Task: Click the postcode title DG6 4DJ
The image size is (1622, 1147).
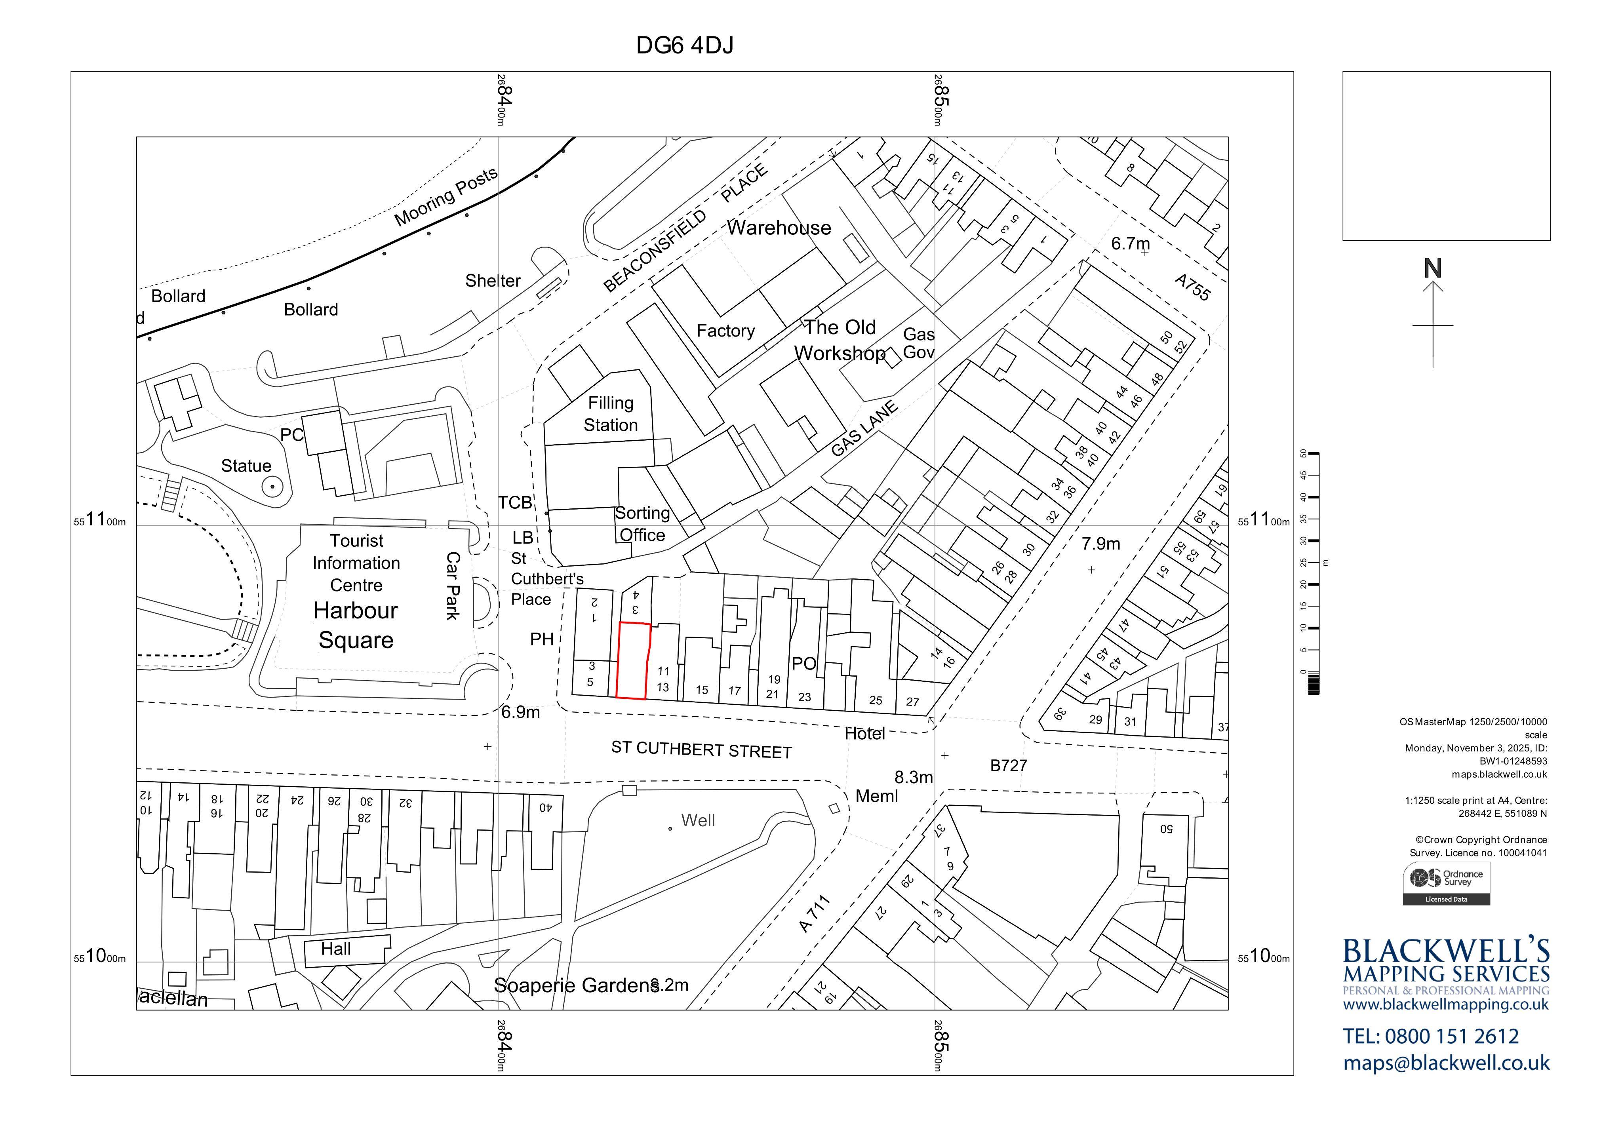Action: (x=685, y=45)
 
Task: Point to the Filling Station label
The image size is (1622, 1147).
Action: (x=610, y=414)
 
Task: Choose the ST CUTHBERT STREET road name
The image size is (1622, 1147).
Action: (x=701, y=749)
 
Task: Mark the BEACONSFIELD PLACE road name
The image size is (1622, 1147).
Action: (x=685, y=227)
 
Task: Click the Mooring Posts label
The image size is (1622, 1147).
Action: (x=446, y=197)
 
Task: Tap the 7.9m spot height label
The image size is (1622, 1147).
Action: (x=1100, y=544)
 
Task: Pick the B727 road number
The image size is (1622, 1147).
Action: (x=1009, y=766)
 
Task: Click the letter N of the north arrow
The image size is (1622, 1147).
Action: (x=1433, y=268)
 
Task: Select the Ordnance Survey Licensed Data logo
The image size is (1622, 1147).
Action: (x=1446, y=883)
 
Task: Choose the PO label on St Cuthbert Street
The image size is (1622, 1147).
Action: (x=804, y=664)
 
